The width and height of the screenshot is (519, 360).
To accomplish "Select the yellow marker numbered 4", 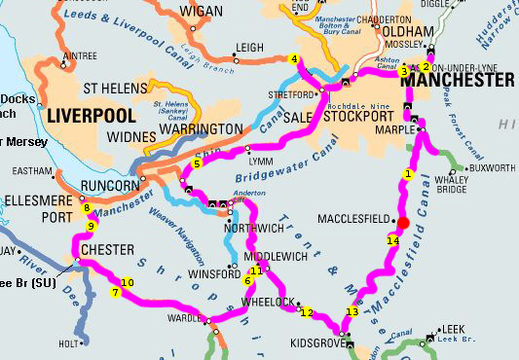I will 294,58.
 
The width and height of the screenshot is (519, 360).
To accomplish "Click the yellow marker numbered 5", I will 197,163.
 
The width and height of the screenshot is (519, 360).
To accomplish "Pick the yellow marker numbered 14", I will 392,240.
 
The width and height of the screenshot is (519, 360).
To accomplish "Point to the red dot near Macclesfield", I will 403,222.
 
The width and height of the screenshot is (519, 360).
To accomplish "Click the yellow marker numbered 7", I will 115,292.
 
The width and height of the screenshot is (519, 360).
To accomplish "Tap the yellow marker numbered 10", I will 127,282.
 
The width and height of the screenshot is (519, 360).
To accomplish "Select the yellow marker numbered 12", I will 308,312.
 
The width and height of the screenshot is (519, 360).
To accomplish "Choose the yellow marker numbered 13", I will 352,312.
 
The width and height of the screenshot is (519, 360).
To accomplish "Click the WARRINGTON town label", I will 194,128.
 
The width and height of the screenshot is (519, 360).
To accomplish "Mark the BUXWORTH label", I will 493,167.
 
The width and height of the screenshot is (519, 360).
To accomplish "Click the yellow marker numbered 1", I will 409,174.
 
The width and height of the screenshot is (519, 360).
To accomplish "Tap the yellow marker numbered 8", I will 86,207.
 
